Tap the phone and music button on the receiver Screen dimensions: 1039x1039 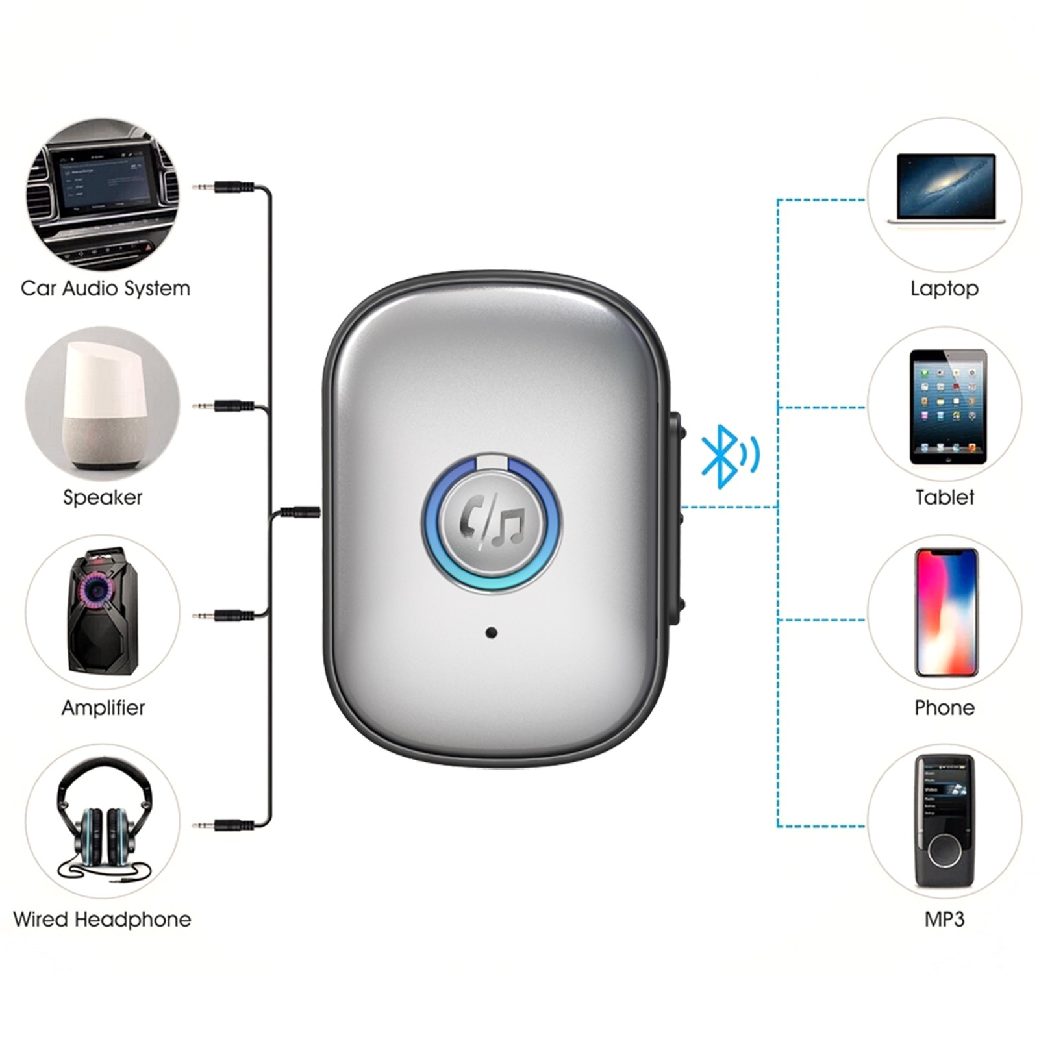[492, 523]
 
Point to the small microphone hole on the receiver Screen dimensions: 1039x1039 [492, 632]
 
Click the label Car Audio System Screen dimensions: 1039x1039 [105, 288]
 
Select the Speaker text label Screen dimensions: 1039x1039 [103, 497]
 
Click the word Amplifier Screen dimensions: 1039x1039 [103, 707]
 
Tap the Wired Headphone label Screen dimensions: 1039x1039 [102, 920]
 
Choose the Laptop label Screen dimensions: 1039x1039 [944, 288]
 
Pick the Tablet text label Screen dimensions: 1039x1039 [944, 497]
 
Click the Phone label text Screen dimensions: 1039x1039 [944, 707]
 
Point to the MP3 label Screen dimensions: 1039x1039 [944, 920]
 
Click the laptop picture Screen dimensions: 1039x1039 [945, 190]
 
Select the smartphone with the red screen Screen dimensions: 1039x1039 [946, 612]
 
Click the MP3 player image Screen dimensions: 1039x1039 [945, 821]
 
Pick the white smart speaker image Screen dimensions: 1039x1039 [103, 403]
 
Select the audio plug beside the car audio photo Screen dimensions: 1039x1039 [224, 187]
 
